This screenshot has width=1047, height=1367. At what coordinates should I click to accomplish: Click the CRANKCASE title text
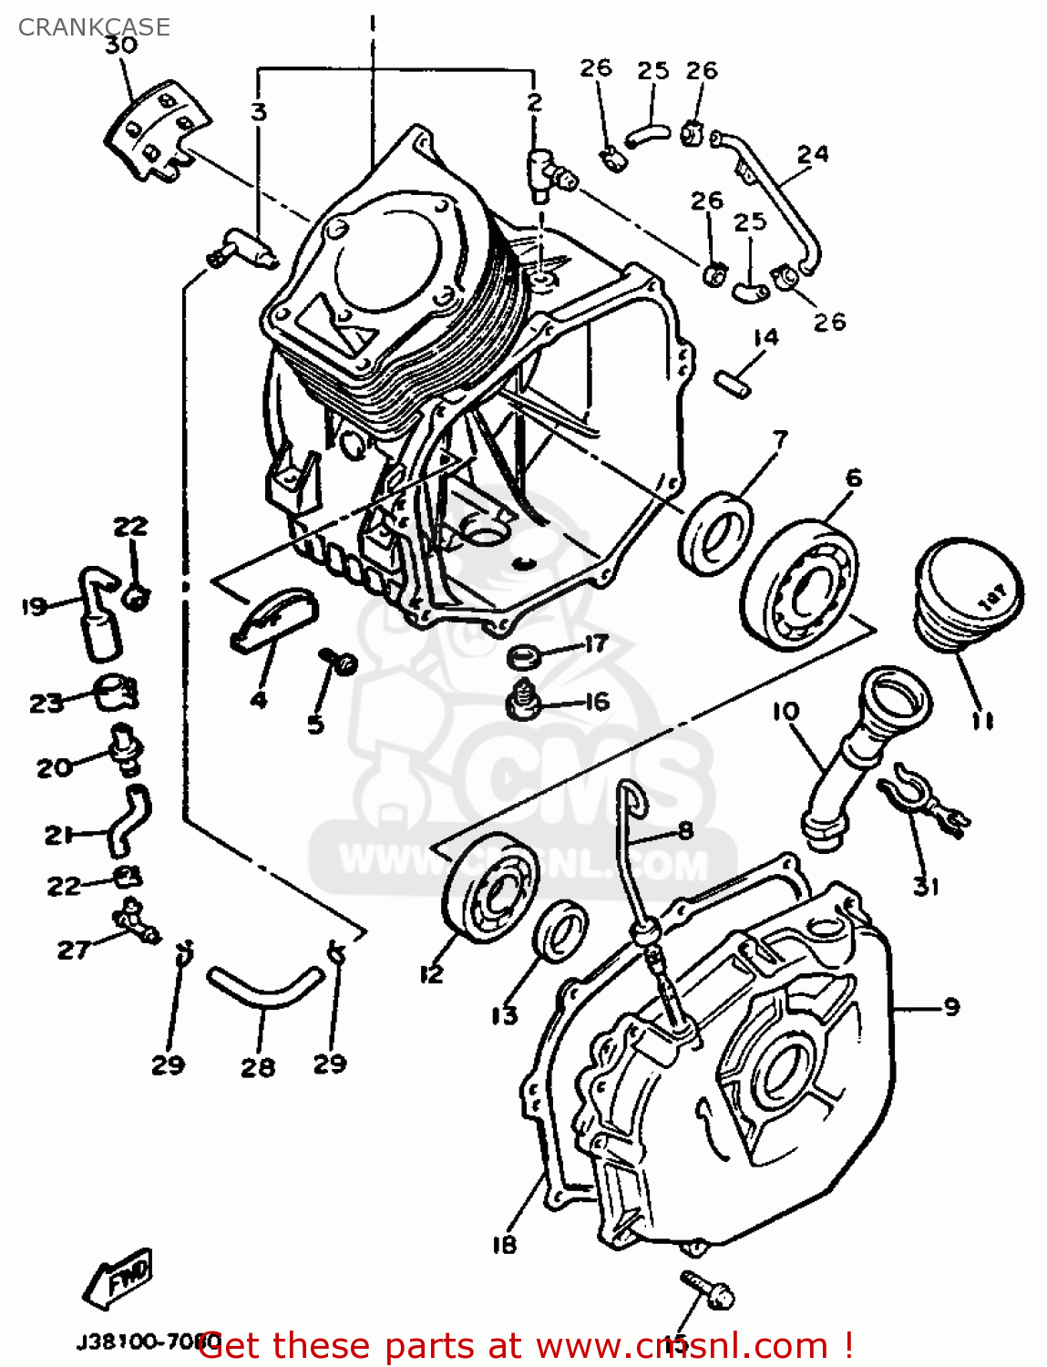tap(94, 27)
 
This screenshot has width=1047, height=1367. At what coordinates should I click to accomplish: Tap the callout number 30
tap(121, 46)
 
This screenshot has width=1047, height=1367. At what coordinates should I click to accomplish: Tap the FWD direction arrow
tap(118, 1278)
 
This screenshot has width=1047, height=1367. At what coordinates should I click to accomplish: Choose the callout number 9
tap(951, 1007)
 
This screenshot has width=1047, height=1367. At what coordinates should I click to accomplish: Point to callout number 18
tap(504, 1244)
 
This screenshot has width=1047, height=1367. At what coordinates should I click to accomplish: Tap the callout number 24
tap(813, 155)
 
